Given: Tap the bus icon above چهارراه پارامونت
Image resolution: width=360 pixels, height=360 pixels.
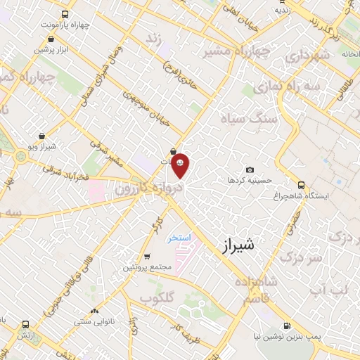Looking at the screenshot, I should point(65,13).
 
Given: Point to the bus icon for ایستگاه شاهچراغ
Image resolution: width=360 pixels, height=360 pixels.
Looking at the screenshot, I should point(302,185).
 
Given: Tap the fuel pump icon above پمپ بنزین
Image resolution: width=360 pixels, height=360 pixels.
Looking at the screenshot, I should point(287,326).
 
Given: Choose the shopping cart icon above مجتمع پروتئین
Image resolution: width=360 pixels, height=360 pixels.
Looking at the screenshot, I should point(147,256).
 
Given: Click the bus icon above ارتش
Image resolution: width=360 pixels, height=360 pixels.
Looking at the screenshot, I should point(26,325).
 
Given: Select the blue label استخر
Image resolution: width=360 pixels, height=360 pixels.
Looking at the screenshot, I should point(179,238).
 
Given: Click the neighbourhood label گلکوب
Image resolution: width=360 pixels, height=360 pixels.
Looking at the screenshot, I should point(157,297).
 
